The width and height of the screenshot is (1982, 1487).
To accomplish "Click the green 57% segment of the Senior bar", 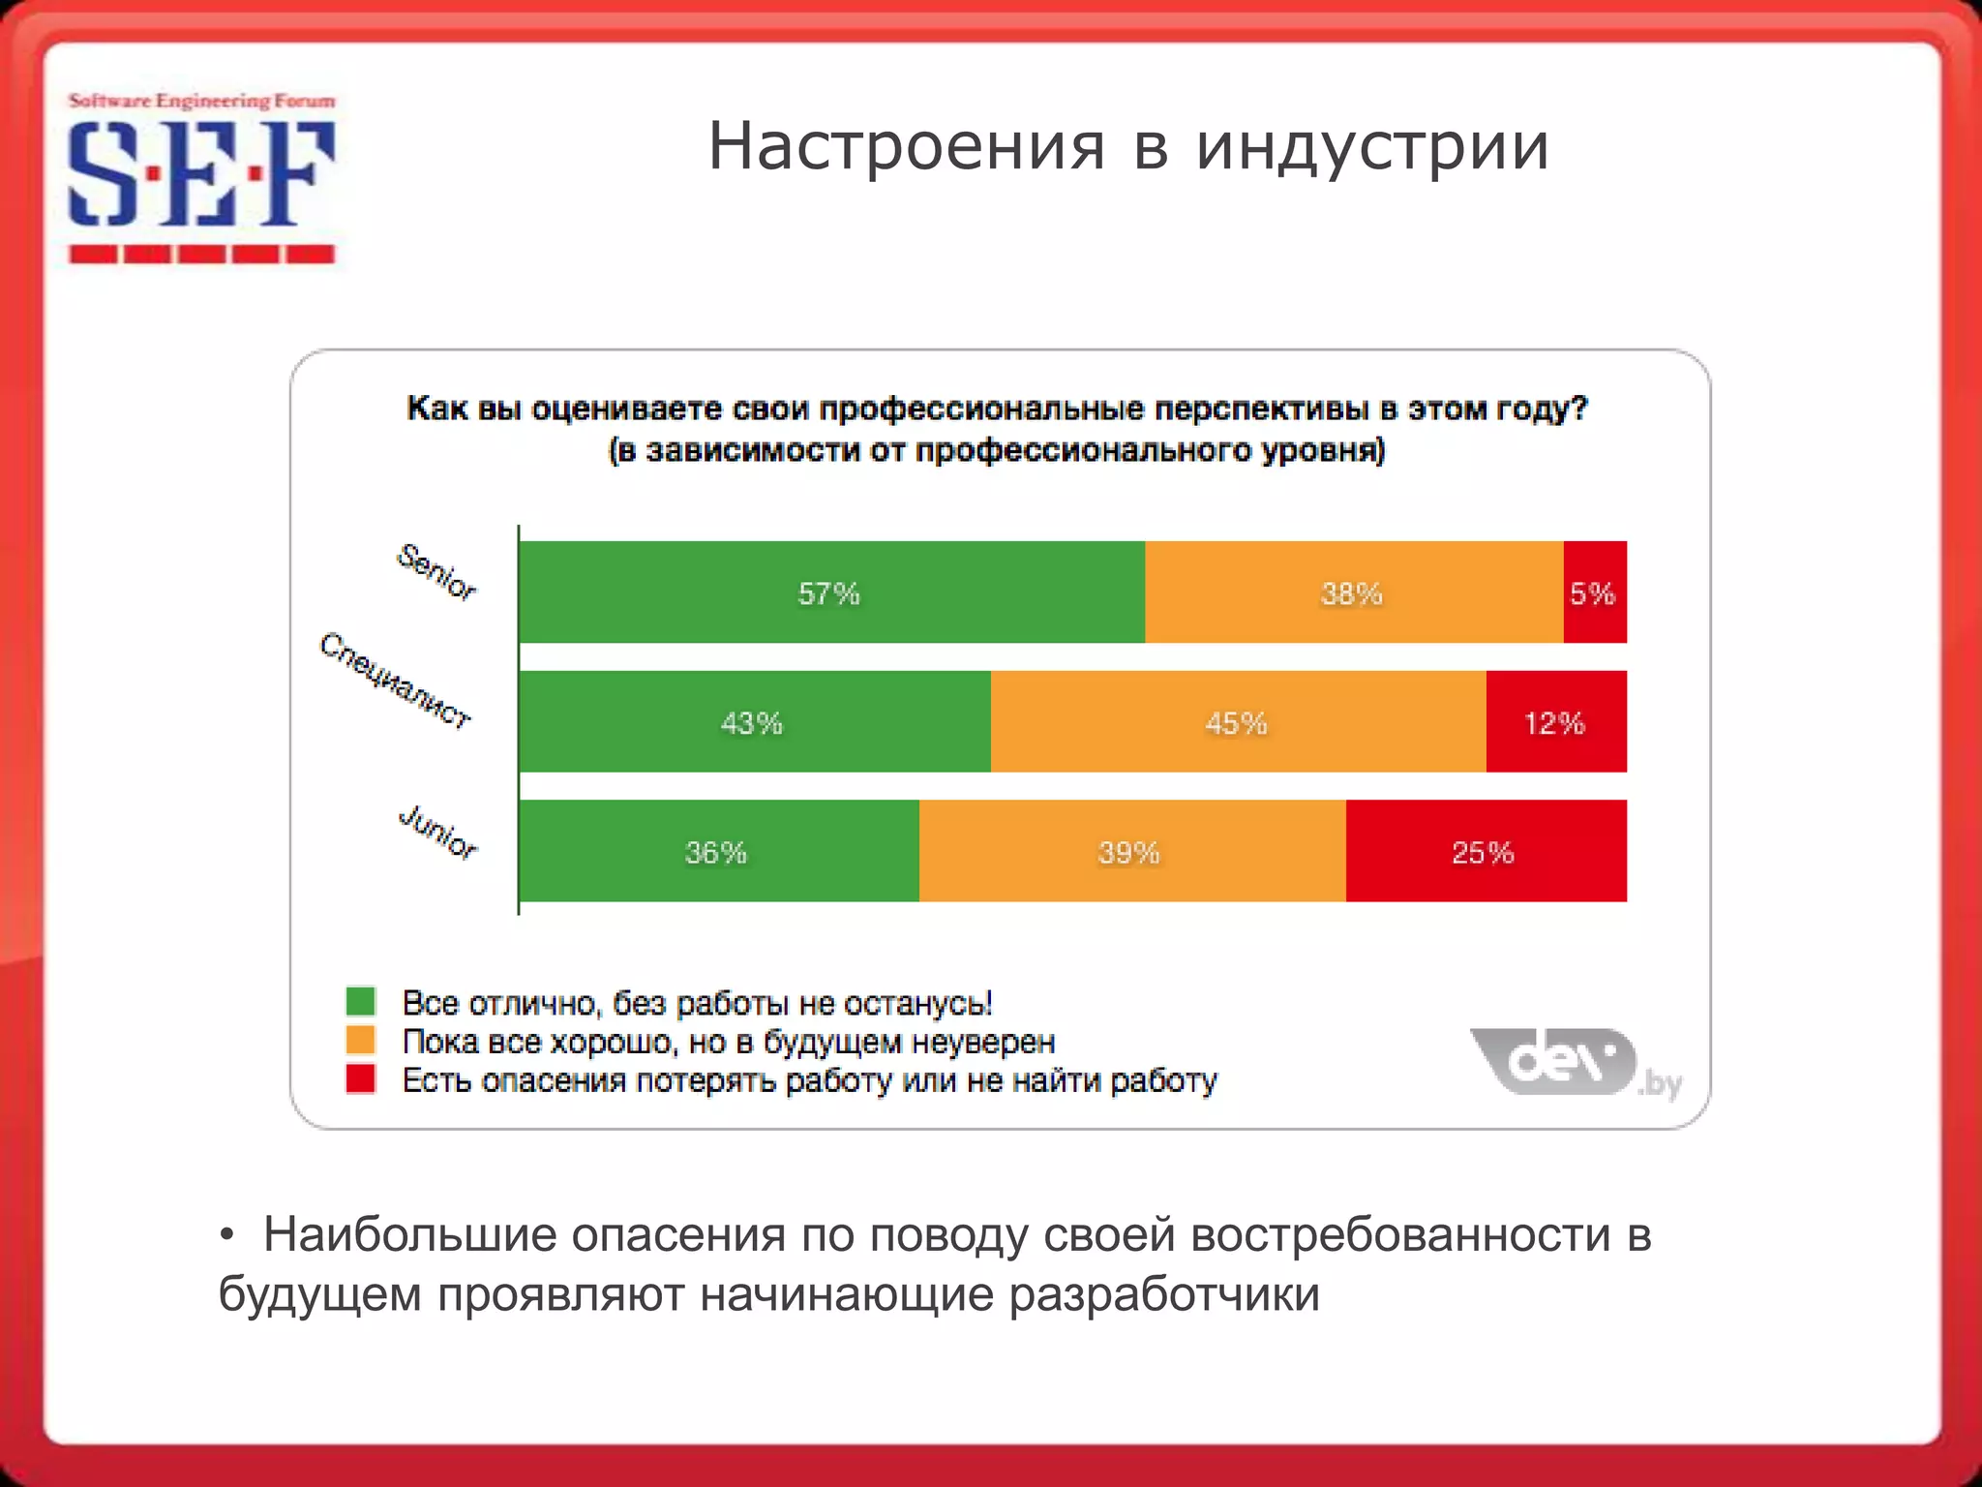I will click(830, 592).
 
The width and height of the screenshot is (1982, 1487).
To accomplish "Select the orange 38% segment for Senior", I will click(1353, 592).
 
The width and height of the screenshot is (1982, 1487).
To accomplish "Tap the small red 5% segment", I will click(1594, 592).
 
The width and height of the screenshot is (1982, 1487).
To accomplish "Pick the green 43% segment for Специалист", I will click(753, 721).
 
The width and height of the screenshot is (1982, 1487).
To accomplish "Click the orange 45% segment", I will click(1237, 721).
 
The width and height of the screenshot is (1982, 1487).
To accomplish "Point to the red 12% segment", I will click(1555, 721).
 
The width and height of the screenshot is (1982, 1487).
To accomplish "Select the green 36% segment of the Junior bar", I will click(717, 851).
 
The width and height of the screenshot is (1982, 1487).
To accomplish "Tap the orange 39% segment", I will click(1130, 851).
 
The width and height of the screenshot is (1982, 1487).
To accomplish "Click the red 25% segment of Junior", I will click(1485, 851).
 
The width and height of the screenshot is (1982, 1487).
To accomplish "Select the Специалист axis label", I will click(396, 680).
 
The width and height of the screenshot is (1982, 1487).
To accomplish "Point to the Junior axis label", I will click(438, 832).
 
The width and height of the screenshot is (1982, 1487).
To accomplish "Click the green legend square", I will click(361, 1001).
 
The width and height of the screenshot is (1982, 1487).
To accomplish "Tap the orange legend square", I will click(361, 1040).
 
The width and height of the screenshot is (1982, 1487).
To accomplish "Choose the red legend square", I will click(361, 1078).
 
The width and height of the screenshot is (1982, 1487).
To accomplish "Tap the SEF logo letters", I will click(200, 175).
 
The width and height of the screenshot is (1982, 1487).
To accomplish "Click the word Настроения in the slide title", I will click(906, 147).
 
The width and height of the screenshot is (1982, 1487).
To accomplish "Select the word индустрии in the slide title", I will click(1372, 147).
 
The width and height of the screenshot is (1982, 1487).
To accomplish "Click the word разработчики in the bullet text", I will click(1163, 1295).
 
